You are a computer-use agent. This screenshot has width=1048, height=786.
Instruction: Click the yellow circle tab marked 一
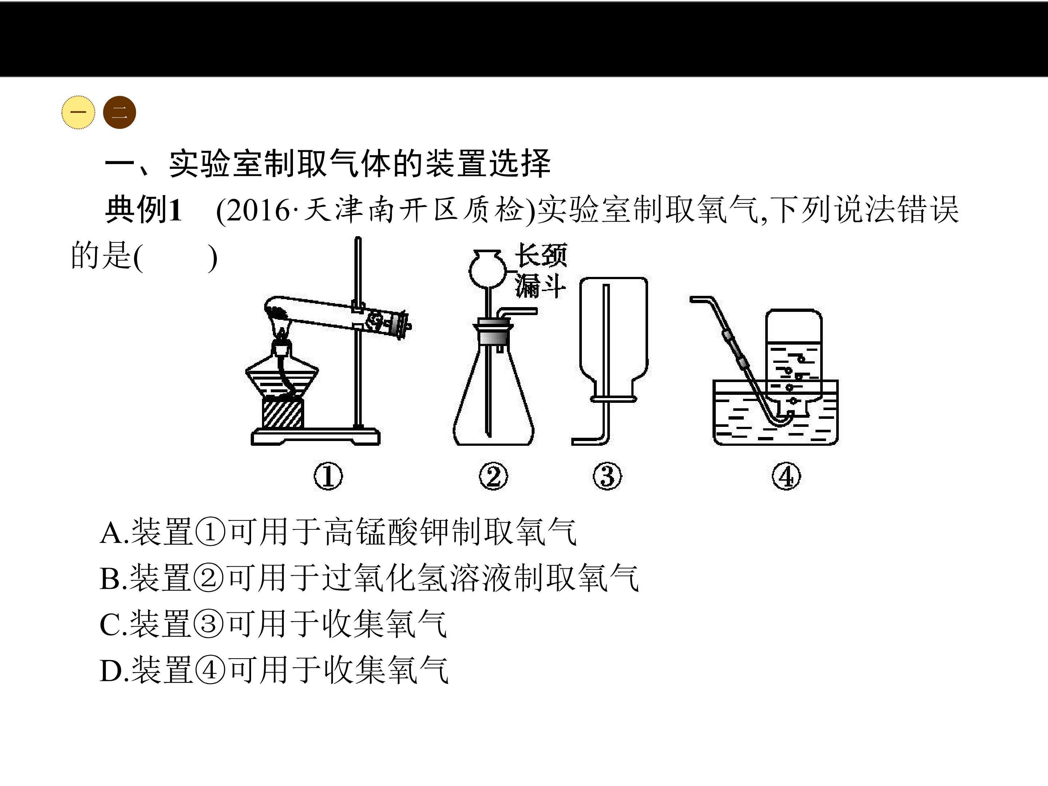(x=78, y=113)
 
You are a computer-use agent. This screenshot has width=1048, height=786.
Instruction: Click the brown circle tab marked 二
(x=119, y=113)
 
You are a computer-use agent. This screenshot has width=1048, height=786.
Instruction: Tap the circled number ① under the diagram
(x=328, y=477)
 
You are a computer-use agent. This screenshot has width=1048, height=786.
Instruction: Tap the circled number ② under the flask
(x=493, y=477)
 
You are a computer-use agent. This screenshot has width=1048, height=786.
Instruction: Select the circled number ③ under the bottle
(x=607, y=477)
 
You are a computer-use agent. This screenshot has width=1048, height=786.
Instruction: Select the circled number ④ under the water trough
(x=786, y=477)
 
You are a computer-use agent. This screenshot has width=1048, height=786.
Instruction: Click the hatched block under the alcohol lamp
(x=282, y=413)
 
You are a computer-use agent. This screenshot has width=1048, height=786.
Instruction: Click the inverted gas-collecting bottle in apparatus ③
(x=614, y=339)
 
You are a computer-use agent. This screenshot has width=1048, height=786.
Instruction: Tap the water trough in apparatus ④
(x=775, y=412)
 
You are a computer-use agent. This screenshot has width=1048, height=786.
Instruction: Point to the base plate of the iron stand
(x=315, y=436)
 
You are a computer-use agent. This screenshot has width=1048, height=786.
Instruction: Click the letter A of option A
(x=111, y=533)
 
